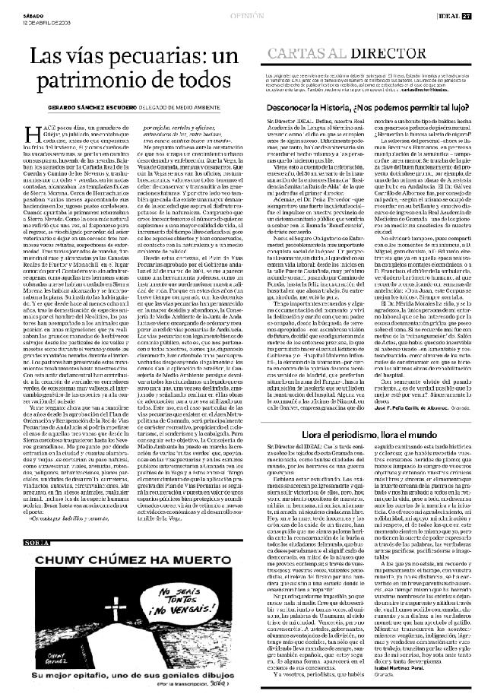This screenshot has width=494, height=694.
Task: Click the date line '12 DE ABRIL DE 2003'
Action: coord(26,12)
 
